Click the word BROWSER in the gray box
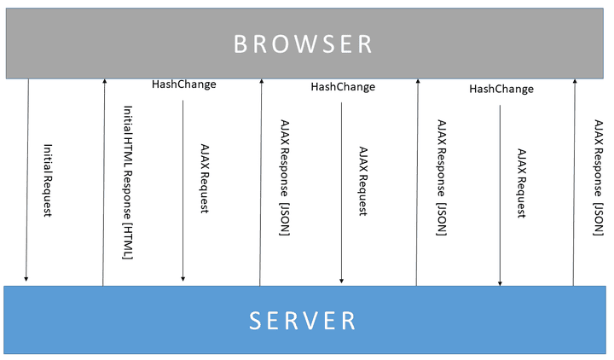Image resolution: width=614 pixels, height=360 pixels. point(304,44)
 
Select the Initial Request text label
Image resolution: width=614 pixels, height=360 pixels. point(47,179)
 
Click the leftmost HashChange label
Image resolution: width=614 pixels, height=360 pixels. point(183,84)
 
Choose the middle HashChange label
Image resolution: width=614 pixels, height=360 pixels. point(342,86)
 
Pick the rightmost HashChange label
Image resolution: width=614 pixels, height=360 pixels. point(501,89)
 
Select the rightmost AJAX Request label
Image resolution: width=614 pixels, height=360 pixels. point(522,183)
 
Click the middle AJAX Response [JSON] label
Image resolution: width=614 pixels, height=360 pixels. point(441,179)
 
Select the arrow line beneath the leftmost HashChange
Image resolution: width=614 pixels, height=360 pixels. point(182,188)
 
